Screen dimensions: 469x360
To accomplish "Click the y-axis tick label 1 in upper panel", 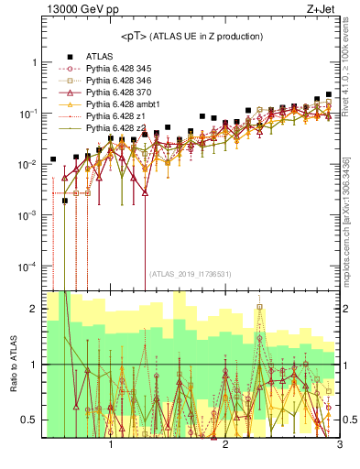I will tap(34, 62).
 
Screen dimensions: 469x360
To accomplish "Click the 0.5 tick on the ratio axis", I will tap(29, 420).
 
